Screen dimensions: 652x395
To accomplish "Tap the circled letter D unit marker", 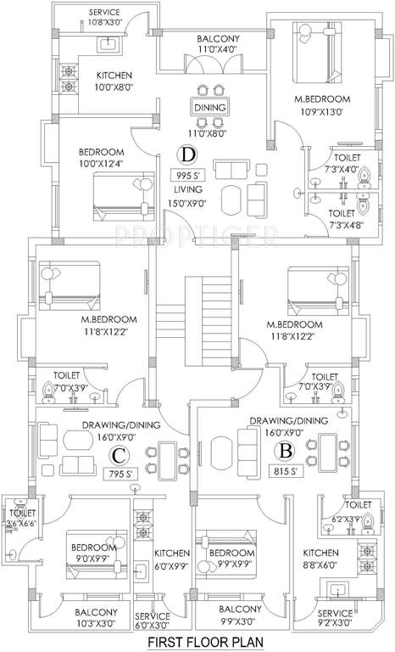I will [x=187, y=154].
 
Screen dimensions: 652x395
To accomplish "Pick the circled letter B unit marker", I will [x=287, y=451].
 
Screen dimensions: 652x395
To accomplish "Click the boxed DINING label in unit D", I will [x=209, y=109].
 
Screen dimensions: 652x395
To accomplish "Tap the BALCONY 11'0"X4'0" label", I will [x=219, y=44].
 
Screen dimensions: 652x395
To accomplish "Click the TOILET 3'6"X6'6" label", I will [x=20, y=519].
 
